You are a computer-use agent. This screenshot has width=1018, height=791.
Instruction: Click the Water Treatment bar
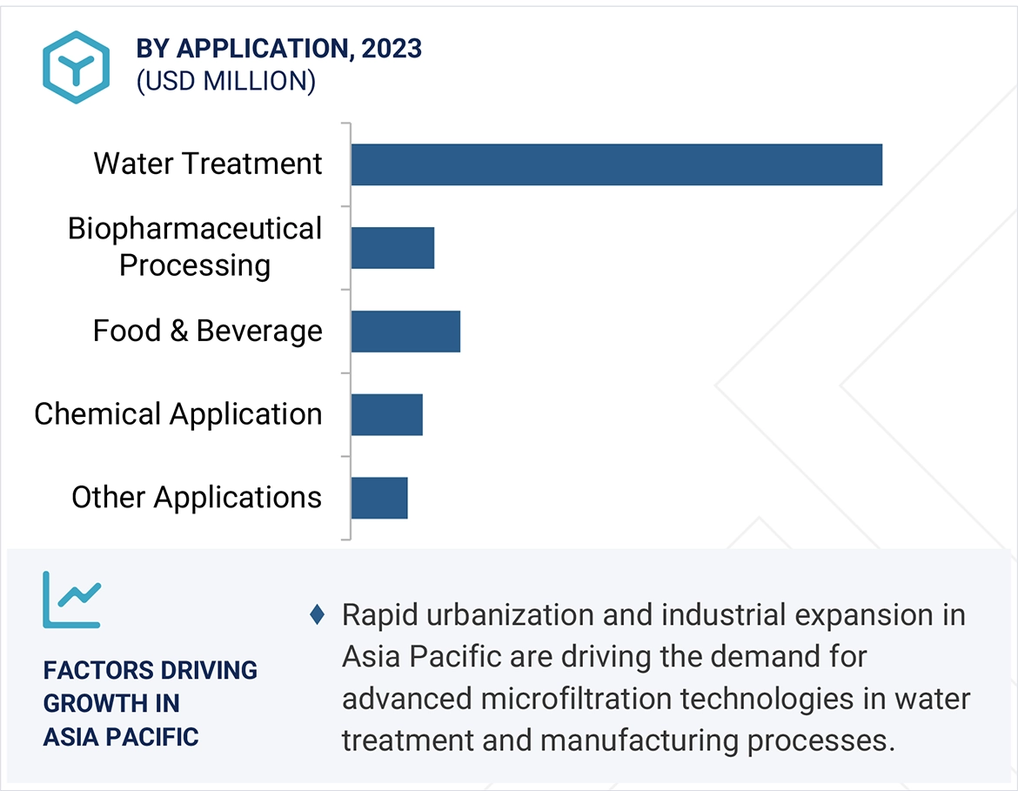[x=616, y=164]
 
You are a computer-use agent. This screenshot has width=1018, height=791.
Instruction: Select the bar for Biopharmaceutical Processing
[x=392, y=248]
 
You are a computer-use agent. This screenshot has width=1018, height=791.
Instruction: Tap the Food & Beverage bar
[x=405, y=332]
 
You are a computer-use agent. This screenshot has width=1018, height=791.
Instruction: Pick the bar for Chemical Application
[x=386, y=414]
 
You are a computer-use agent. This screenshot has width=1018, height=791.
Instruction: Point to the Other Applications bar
[x=379, y=498]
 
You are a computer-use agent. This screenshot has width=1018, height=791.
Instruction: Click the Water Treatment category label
[x=208, y=164]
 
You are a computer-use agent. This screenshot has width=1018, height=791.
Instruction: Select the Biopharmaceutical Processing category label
[x=195, y=247]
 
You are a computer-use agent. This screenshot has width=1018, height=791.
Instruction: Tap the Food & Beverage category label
[x=208, y=332]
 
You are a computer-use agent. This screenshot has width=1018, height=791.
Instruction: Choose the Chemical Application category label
[x=178, y=414]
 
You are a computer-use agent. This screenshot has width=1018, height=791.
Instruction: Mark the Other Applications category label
[x=197, y=498]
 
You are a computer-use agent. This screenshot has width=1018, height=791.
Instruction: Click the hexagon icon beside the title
[x=76, y=67]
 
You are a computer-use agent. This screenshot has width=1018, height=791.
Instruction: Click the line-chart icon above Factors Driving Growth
[x=71, y=600]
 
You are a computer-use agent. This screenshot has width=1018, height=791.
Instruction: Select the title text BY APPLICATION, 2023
[x=278, y=49]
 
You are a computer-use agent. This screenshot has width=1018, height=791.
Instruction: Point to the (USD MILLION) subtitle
[x=225, y=81]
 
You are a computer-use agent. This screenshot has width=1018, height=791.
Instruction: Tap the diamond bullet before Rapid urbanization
[x=317, y=615]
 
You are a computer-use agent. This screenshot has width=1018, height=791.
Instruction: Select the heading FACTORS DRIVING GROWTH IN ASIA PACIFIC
[x=150, y=703]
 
